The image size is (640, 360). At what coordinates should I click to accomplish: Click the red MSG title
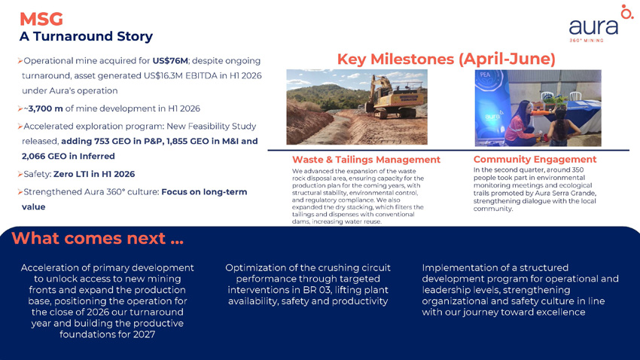coord(41,19)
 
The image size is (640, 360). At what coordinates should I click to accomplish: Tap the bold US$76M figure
coord(170,61)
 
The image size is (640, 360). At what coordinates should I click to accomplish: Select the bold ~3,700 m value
coord(43,108)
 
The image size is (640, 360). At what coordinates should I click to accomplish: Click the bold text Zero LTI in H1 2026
coord(94,174)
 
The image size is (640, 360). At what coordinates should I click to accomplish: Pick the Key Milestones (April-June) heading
coord(446,59)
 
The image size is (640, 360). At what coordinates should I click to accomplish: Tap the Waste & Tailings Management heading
coord(366,160)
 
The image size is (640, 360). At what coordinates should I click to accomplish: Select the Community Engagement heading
coord(535,159)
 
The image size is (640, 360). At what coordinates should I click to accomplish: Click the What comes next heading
coord(98,238)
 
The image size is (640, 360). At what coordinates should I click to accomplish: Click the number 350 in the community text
coord(578,169)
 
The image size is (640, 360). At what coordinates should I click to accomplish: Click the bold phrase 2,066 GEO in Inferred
coord(69,157)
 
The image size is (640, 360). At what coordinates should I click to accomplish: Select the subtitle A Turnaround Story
coord(86,36)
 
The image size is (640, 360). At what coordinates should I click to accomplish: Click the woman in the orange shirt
coord(520,124)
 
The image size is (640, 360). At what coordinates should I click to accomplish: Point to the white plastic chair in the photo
coord(575,96)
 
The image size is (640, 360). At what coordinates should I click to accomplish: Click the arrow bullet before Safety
coord(20,174)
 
